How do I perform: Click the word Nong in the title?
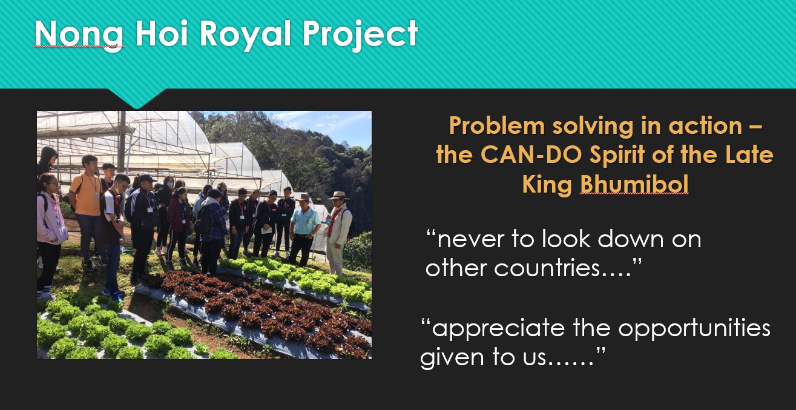[x=79, y=35]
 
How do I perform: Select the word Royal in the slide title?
[x=246, y=35]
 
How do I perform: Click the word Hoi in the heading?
[x=162, y=33]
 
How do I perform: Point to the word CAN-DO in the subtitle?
[x=531, y=155]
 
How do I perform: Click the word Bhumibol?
[x=634, y=184]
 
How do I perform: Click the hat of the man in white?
[x=338, y=196]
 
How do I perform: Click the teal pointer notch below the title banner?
[x=136, y=98]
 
